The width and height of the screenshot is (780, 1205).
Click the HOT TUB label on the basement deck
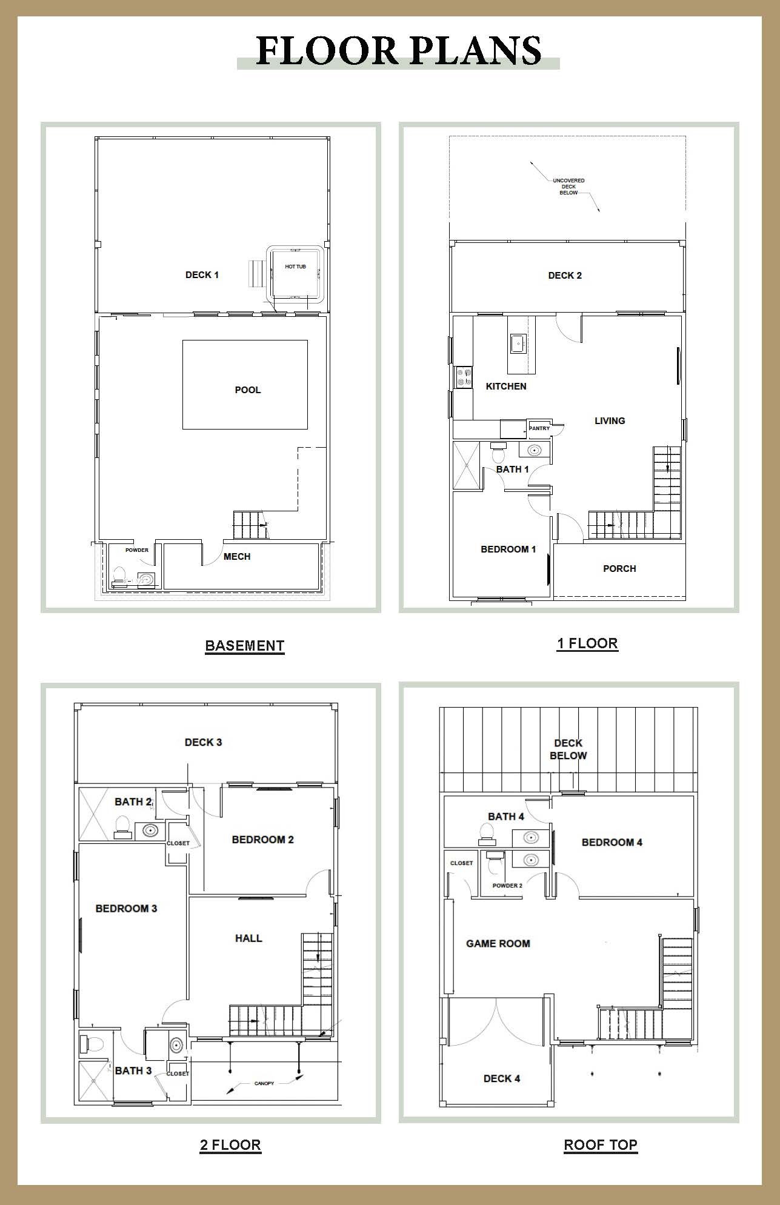[295, 267]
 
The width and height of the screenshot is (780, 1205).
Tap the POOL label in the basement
[248, 390]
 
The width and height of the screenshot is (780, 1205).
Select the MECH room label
[237, 557]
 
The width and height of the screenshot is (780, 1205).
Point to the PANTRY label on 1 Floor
[539, 428]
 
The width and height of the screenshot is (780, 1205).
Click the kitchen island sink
[518, 344]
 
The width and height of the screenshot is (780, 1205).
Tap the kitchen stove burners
[464, 377]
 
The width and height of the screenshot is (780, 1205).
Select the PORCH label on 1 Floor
[619, 569]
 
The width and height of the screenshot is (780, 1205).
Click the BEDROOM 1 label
[508, 549]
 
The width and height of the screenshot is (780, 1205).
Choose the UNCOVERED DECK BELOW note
[568, 187]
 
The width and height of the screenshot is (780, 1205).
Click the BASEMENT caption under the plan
[245, 646]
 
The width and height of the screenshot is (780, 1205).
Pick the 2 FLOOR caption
[230, 1145]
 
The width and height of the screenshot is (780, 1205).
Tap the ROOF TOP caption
[601, 1145]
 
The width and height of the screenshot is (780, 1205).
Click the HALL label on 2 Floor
[248, 938]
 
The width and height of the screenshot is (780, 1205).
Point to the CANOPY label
[264, 1083]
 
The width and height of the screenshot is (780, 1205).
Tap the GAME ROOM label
[498, 943]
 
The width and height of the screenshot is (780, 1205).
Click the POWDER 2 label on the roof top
[507, 886]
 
